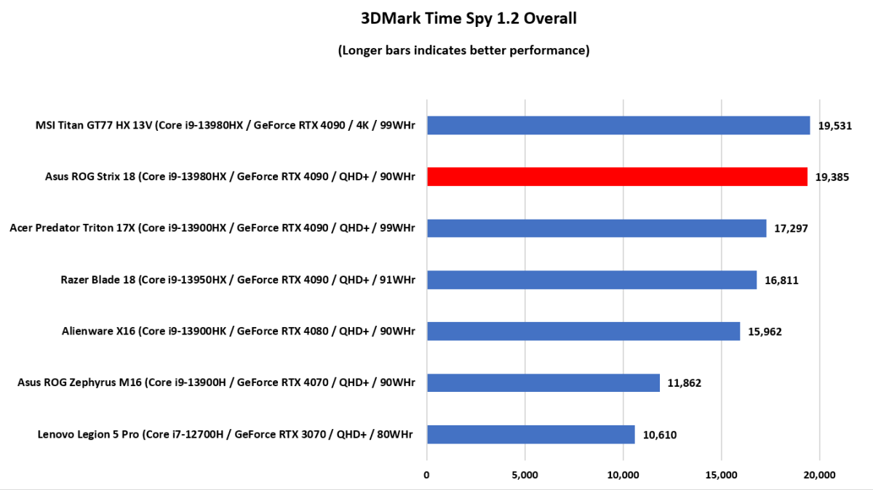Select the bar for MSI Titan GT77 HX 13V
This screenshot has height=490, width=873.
[x=618, y=125]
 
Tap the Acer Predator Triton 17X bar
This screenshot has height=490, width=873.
[x=597, y=228]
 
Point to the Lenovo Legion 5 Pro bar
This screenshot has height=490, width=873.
[x=530, y=435]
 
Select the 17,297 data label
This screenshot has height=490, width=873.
[x=792, y=228]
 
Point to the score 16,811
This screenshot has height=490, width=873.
[x=782, y=280]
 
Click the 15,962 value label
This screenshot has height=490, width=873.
[x=765, y=332]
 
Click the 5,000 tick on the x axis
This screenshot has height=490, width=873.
[x=525, y=475]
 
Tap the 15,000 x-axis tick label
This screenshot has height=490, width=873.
[x=721, y=475]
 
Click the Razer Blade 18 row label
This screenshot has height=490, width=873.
[x=238, y=280]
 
